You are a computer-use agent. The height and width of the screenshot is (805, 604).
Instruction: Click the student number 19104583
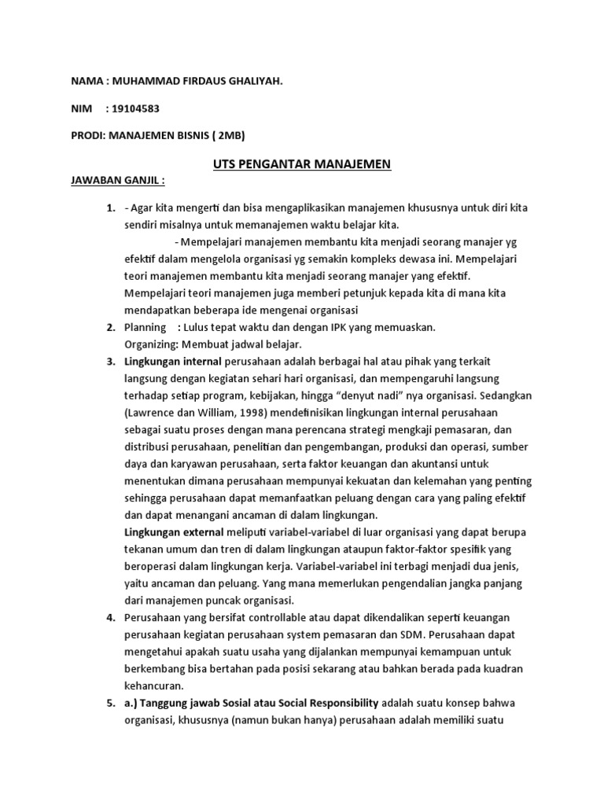click(x=138, y=108)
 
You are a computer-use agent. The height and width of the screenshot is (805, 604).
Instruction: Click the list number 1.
click(x=111, y=208)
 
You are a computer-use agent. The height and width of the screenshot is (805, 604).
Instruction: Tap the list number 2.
click(x=111, y=327)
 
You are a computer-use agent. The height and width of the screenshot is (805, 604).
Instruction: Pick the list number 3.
click(x=111, y=361)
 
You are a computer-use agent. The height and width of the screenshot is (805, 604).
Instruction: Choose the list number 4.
click(x=111, y=617)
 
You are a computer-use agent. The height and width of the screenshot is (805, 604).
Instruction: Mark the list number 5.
click(x=111, y=702)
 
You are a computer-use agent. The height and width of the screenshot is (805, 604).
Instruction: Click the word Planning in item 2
click(x=145, y=327)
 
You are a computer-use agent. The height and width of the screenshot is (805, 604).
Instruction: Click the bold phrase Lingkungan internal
click(x=173, y=361)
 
